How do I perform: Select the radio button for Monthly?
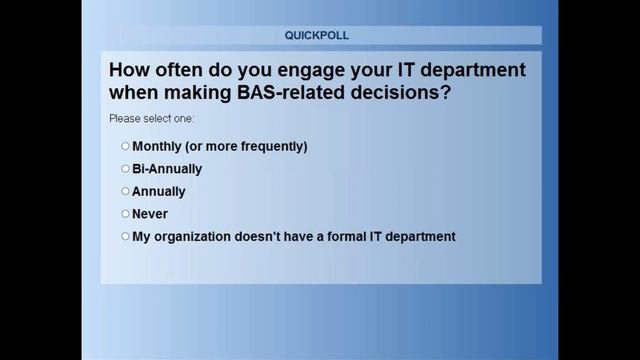[x=126, y=146]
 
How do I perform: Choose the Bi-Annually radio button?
[x=126, y=169]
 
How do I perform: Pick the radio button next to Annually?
[x=126, y=191]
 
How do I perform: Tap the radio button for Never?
[x=126, y=214]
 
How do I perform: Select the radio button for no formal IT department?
[x=126, y=237]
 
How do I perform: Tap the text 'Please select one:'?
[x=152, y=119]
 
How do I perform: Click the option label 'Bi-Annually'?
[x=167, y=169]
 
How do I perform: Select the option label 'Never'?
[x=150, y=214]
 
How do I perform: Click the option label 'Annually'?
[x=159, y=191]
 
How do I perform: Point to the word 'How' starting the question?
[x=128, y=71]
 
